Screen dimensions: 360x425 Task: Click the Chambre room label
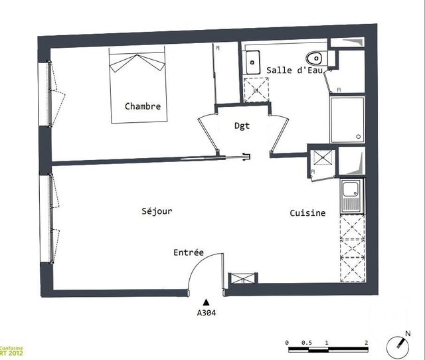pos(143,106)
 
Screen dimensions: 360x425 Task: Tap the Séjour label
pos(157,211)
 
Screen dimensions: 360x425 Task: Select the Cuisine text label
pos(307,213)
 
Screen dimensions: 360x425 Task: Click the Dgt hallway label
pos(242,126)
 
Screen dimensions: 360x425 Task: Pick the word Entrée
pos(189,253)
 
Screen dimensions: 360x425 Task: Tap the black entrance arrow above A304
pos(207,302)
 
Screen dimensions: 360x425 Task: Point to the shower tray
pos(347,120)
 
